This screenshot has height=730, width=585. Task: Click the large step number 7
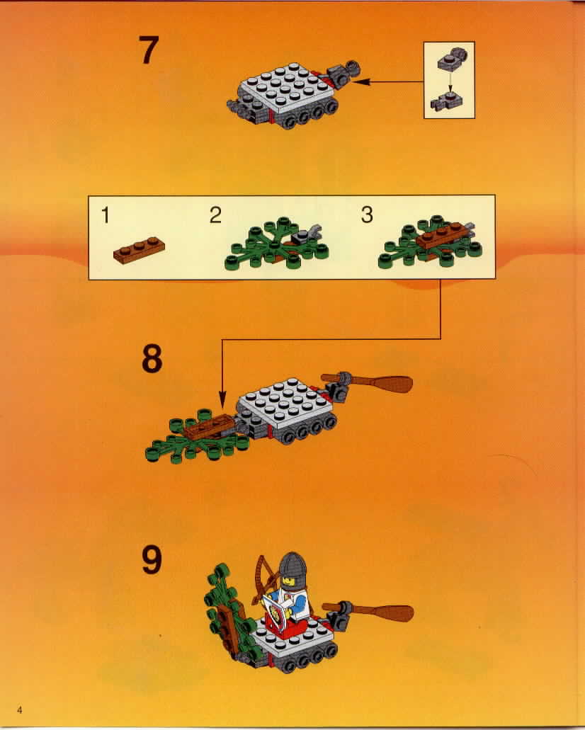(x=149, y=50)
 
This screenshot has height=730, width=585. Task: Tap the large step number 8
(x=152, y=358)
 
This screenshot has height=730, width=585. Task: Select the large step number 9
(x=152, y=559)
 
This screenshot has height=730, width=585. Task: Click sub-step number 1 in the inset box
(x=106, y=215)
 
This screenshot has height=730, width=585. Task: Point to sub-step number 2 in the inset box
(x=215, y=215)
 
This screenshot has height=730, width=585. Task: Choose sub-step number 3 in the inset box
(x=367, y=215)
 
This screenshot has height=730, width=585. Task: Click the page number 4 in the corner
(x=20, y=709)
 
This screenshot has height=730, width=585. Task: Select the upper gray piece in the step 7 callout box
(x=452, y=59)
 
